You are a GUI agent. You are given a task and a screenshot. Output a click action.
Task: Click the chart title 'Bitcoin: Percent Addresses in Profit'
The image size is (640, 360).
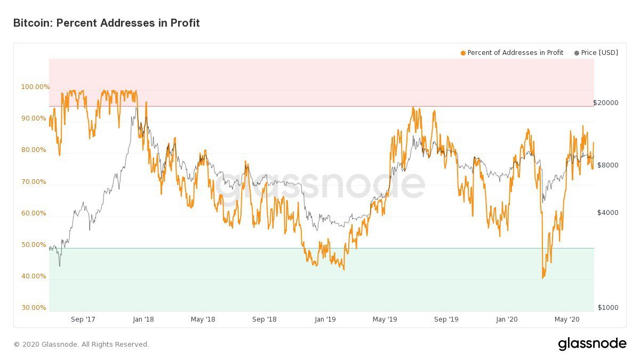pyautogui.click(x=106, y=23)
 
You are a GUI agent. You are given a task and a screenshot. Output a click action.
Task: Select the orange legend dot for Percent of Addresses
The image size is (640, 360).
pyautogui.click(x=463, y=53)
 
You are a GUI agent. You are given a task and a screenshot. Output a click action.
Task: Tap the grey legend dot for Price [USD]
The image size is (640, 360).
pyautogui.click(x=577, y=53)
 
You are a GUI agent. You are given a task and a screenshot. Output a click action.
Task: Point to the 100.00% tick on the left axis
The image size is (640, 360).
pyautogui.click(x=35, y=87)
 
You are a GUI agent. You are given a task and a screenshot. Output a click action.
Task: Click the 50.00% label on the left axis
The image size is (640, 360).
pyautogui.click(x=33, y=245)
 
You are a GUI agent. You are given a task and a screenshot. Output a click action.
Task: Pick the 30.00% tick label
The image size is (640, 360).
pyautogui.click(x=33, y=308)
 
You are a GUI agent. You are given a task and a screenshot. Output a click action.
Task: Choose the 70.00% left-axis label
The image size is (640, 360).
pyautogui.click(x=33, y=182)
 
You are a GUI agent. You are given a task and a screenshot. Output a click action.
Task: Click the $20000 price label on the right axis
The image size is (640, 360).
pyautogui.click(x=606, y=103)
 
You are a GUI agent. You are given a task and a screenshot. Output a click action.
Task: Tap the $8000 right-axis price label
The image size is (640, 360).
pyautogui.click(x=607, y=165)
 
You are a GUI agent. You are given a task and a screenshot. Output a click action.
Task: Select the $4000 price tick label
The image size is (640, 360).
pyautogui.click(x=607, y=213)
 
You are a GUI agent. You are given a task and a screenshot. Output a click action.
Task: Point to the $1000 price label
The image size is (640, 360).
pyautogui.click(x=607, y=308)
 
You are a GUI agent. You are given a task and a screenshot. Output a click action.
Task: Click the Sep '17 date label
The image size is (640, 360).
pyautogui.click(x=83, y=319)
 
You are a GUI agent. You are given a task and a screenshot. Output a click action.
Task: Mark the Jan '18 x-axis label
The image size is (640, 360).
pyautogui.click(x=142, y=319)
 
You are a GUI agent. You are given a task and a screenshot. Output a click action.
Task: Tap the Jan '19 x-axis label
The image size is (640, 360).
pyautogui.click(x=325, y=319)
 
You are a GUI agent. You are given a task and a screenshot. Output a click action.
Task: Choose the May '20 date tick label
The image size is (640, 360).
pyautogui.click(x=567, y=319)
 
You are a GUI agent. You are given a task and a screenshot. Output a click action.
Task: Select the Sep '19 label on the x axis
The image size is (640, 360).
pyautogui.click(x=446, y=319)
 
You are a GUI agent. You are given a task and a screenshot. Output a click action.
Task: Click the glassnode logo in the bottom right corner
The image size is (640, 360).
pyautogui.click(x=592, y=344)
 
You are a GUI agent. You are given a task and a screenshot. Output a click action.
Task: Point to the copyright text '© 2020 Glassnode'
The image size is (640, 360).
pyautogui.click(x=82, y=345)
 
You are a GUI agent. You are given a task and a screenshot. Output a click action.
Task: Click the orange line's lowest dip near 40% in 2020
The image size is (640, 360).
pyautogui.click(x=543, y=277)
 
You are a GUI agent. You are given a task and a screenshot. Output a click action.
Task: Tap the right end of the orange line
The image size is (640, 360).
pyautogui.click(x=594, y=143)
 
